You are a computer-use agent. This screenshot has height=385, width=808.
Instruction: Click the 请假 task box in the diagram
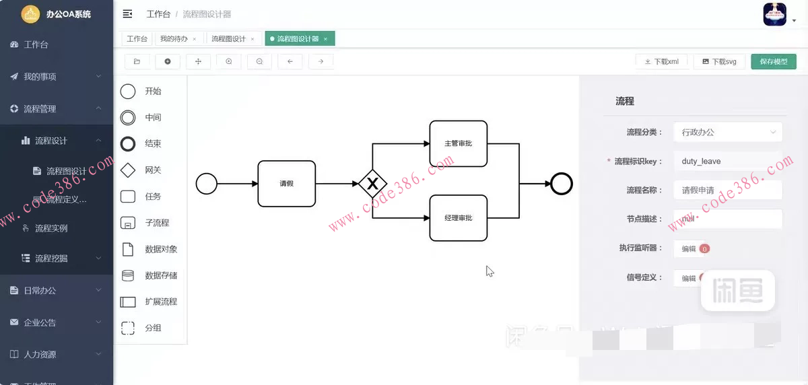pyautogui.click(x=286, y=184)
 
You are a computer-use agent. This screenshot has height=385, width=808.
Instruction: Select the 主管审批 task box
pyautogui.click(x=458, y=143)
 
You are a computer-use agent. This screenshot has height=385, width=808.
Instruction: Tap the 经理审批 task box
pyautogui.click(x=458, y=218)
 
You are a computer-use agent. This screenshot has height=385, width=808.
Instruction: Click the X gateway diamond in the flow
pyautogui.click(x=372, y=184)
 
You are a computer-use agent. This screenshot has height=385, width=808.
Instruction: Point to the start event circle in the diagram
pyautogui.click(x=206, y=184)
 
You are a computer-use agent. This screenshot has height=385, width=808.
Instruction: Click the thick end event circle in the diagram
pyautogui.click(x=561, y=184)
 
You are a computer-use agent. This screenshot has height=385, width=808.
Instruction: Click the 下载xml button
pyautogui.click(x=661, y=61)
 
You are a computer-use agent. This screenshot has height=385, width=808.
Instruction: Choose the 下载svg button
pyautogui.click(x=719, y=61)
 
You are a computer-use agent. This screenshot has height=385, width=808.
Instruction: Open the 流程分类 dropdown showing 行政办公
pyautogui.click(x=728, y=132)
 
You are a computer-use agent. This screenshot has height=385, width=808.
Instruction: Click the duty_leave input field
pyautogui.click(x=728, y=162)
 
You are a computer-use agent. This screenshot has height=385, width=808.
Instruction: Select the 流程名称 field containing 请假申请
pyautogui.click(x=728, y=190)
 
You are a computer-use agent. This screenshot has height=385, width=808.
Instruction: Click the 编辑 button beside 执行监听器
pyautogui.click(x=689, y=248)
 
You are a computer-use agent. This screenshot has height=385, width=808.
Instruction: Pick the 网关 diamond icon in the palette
pyautogui.click(x=128, y=170)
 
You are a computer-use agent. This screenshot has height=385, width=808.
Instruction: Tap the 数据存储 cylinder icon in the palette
pyautogui.click(x=128, y=275)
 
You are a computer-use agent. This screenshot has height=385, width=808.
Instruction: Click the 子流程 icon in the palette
pyautogui.click(x=128, y=223)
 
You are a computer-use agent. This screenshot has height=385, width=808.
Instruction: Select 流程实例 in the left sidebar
pyautogui.click(x=51, y=228)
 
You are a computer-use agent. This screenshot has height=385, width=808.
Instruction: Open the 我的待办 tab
pyautogui.click(x=174, y=39)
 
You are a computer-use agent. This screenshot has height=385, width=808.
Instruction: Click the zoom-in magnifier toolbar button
pyautogui.click(x=229, y=61)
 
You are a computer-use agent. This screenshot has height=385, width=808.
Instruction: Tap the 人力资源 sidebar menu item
pyautogui.click(x=40, y=354)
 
